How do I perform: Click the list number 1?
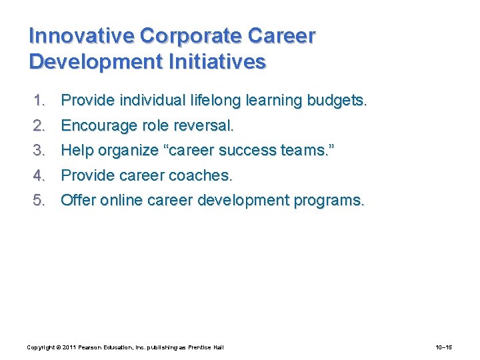click(39, 101)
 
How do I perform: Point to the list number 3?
click(39, 151)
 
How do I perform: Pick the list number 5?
click(39, 200)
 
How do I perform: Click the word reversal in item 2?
click(205, 125)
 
